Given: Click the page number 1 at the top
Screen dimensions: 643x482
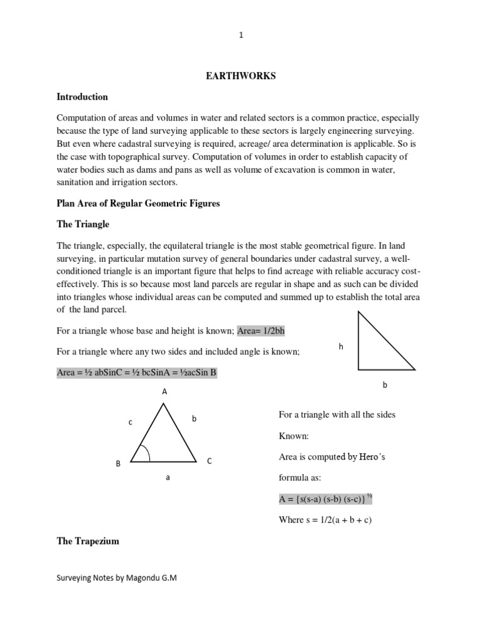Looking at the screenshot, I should pyautogui.click(x=241, y=36).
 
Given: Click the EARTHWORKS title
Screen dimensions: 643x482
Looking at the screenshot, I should pyautogui.click(x=241, y=77).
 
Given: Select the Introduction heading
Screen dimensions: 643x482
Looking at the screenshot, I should pyautogui.click(x=82, y=97).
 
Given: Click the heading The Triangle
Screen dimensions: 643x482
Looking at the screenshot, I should pyautogui.click(x=83, y=224).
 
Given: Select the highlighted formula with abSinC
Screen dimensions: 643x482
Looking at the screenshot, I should pyautogui.click(x=137, y=372).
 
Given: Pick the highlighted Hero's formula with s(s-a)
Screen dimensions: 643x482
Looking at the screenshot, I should pyautogui.click(x=326, y=499).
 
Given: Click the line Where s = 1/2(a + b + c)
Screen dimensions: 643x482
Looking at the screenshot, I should pyautogui.click(x=325, y=521).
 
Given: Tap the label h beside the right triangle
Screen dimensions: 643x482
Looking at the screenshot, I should pyautogui.click(x=341, y=346).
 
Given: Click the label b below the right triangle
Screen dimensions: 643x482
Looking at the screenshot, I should pyautogui.click(x=385, y=386).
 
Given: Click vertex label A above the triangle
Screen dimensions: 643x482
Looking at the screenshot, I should pyautogui.click(x=164, y=391).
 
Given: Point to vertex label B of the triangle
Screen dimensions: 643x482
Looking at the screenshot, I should pyautogui.click(x=117, y=463).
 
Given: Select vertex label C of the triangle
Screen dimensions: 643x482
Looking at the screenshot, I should pyautogui.click(x=210, y=461).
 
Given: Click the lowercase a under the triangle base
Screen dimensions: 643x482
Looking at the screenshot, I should pyautogui.click(x=168, y=478).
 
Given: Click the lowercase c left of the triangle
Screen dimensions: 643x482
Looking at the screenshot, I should pyautogui.click(x=131, y=423).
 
